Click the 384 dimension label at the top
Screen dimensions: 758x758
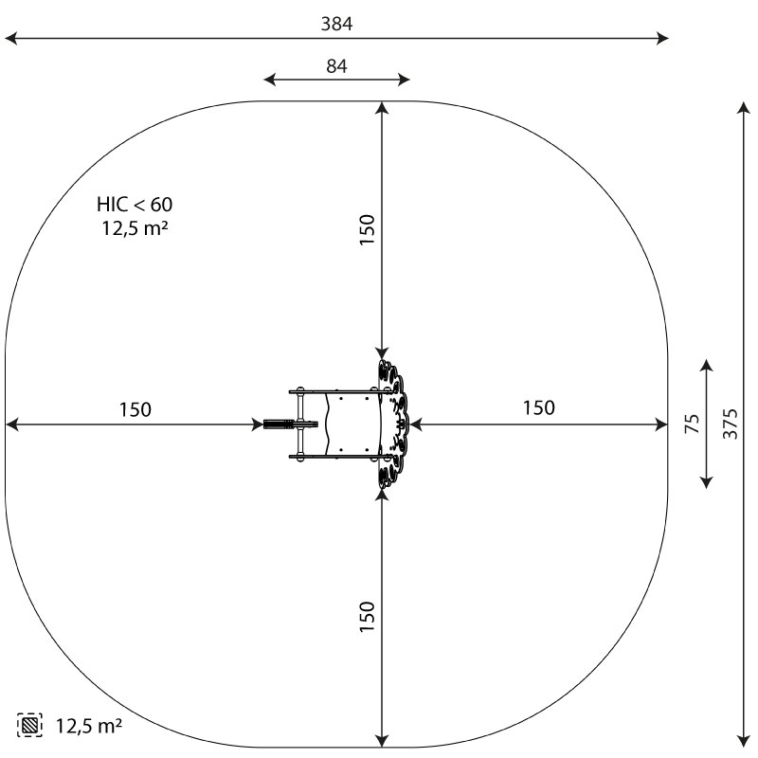pyautogui.click(x=337, y=24)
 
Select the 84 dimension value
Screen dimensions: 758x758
pyautogui.click(x=336, y=65)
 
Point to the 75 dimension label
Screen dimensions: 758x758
pyautogui.click(x=693, y=424)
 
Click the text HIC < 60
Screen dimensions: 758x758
pyautogui.click(x=135, y=205)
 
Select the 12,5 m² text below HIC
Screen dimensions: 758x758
pyautogui.click(x=135, y=227)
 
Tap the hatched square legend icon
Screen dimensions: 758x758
pyautogui.click(x=29, y=725)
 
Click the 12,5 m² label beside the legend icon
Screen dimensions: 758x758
pyautogui.click(x=89, y=725)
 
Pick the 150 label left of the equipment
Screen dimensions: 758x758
pyautogui.click(x=135, y=409)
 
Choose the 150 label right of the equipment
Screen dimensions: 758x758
pyautogui.click(x=539, y=408)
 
